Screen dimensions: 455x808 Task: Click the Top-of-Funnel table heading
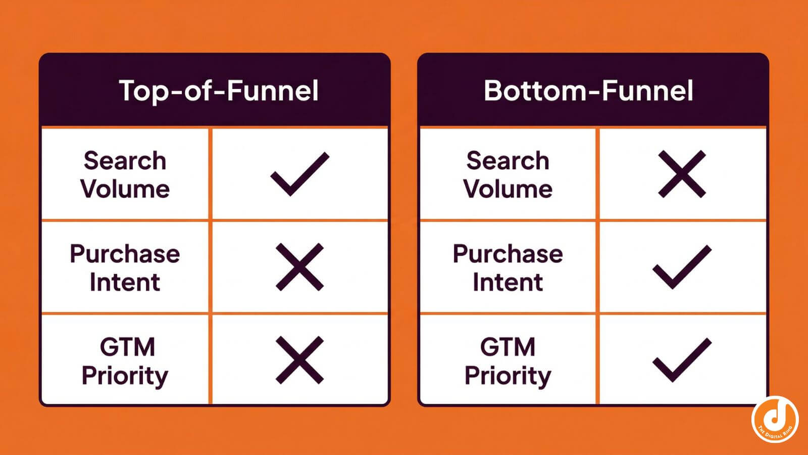[219, 91]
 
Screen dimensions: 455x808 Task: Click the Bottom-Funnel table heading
[588, 91]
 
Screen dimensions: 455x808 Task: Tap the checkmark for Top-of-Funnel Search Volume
[299, 174]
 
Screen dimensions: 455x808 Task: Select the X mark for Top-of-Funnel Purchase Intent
[299, 267]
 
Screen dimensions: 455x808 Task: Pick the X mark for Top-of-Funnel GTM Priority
[299, 360]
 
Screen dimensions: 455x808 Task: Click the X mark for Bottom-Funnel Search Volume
[682, 174]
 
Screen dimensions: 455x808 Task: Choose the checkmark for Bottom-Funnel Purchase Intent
[682, 267]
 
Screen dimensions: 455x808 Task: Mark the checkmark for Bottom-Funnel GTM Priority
[682, 360]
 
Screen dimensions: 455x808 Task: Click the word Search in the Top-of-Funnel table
[125, 161]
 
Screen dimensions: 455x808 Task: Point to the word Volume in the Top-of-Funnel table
[125, 189]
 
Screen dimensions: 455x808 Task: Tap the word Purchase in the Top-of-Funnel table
[125, 254]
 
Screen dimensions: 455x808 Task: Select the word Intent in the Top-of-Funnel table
[125, 282]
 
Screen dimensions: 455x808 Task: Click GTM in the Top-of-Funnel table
[127, 347]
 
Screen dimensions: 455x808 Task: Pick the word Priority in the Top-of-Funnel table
[125, 376]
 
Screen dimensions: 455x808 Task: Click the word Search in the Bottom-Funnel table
[508, 161]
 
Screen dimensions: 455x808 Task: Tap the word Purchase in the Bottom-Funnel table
[508, 254]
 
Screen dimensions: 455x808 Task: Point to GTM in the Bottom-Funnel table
[508, 347]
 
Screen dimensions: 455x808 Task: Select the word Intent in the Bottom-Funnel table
[508, 282]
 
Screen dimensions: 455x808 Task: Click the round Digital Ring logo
[775, 419]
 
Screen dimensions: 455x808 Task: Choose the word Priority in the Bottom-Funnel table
[508, 376]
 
